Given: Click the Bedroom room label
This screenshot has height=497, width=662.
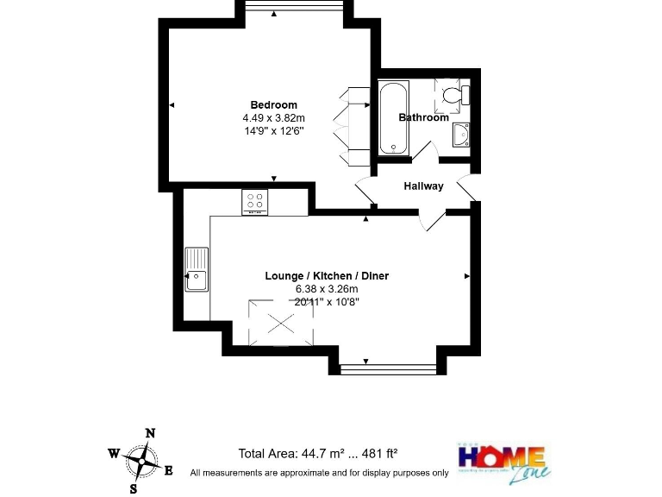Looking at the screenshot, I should tap(274, 105).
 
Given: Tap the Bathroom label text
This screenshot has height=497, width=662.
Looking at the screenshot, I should tap(423, 117).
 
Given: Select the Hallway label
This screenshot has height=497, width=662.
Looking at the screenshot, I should tap(423, 186).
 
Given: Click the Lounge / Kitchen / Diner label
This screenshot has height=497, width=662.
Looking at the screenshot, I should tap(326, 276).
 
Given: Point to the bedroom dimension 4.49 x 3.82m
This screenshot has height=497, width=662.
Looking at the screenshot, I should tap(274, 118).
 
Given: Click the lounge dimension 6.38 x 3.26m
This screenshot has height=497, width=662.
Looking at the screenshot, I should tap(326, 289).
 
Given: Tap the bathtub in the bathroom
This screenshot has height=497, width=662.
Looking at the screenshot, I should tap(395, 118).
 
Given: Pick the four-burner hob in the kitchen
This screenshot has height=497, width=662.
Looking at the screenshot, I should tap(256, 202).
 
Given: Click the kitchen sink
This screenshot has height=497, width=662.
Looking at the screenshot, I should tap(196, 270).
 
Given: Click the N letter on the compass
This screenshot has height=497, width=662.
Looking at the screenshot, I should tap(150, 433).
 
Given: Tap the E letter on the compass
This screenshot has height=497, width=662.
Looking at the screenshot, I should tap(168, 470).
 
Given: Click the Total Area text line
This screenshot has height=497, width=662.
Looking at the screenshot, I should tap(317, 454).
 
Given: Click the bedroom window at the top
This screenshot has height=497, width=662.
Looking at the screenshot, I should tap(295, 7).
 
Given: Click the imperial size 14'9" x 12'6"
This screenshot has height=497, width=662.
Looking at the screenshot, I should tap(274, 131).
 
